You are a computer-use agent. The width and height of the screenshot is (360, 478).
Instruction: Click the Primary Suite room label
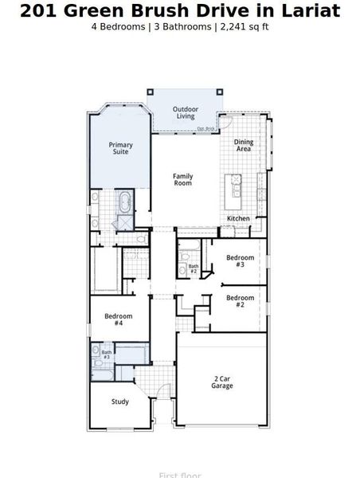click(121, 148)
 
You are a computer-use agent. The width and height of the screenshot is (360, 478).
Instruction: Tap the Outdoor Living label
click(186, 112)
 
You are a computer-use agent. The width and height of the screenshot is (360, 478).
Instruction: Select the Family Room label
click(183, 180)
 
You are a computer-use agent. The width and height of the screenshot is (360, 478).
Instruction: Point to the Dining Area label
click(243, 146)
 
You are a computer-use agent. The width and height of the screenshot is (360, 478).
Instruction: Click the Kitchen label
click(238, 218)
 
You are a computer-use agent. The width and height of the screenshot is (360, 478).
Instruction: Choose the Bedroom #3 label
click(240, 261)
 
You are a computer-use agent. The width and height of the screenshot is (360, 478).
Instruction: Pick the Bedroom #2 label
click(240, 301)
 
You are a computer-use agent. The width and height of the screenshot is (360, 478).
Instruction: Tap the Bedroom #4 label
click(118, 319)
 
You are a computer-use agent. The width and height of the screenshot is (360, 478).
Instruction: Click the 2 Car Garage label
click(221, 382)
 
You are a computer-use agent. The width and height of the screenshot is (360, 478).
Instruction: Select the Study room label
click(119, 402)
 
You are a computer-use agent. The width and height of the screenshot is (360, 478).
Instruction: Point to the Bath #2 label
click(194, 268)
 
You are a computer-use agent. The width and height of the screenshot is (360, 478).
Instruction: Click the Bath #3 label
click(106, 354)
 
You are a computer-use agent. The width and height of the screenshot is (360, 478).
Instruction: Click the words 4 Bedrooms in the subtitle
click(119, 26)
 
